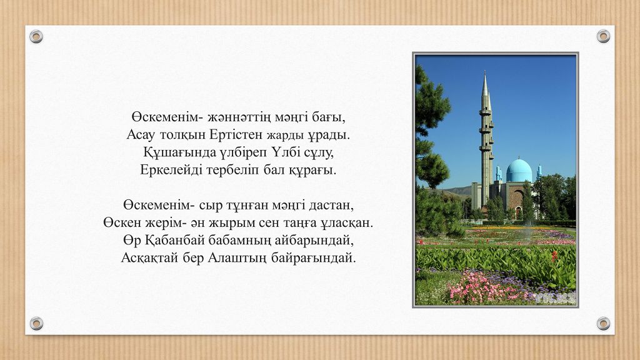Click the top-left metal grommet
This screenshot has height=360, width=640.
pyautogui.click(x=36, y=37)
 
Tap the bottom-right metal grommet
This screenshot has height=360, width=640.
pyautogui.click(x=603, y=323)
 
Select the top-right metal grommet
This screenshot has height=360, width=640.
pyautogui.click(x=603, y=36)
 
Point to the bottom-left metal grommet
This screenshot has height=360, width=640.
pyautogui.click(x=36, y=323)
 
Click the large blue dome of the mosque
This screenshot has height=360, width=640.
pyautogui.click(x=519, y=170)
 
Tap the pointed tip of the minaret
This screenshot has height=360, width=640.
pyautogui.click(x=485, y=72)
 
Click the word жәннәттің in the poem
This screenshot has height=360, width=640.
pyautogui.click(x=239, y=117)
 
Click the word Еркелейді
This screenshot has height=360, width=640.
pyautogui.click(x=171, y=170)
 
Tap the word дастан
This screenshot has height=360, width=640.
pyautogui.click(x=331, y=205)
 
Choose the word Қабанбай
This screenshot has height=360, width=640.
pyautogui.click(x=174, y=240)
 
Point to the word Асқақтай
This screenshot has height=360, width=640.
pyautogui.click(x=150, y=258)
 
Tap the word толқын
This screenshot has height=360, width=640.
pyautogui.click(x=182, y=135)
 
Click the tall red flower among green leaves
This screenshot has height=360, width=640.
pyautogui.click(x=554, y=256)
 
